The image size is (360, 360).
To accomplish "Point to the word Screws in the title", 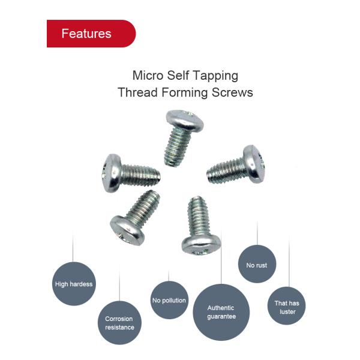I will [x=233, y=93].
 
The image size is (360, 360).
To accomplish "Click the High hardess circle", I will [x=74, y=284].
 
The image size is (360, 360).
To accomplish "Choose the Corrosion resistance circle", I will [x=119, y=323].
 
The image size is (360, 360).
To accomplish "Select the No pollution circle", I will [x=169, y=300].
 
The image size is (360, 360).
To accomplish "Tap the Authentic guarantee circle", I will [x=221, y=312].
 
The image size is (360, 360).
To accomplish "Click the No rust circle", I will [x=257, y=265].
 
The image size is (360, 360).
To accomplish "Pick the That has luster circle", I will [x=286, y=307].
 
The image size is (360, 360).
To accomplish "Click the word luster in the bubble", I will [x=286, y=311].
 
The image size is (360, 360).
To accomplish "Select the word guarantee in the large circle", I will [x=221, y=316].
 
